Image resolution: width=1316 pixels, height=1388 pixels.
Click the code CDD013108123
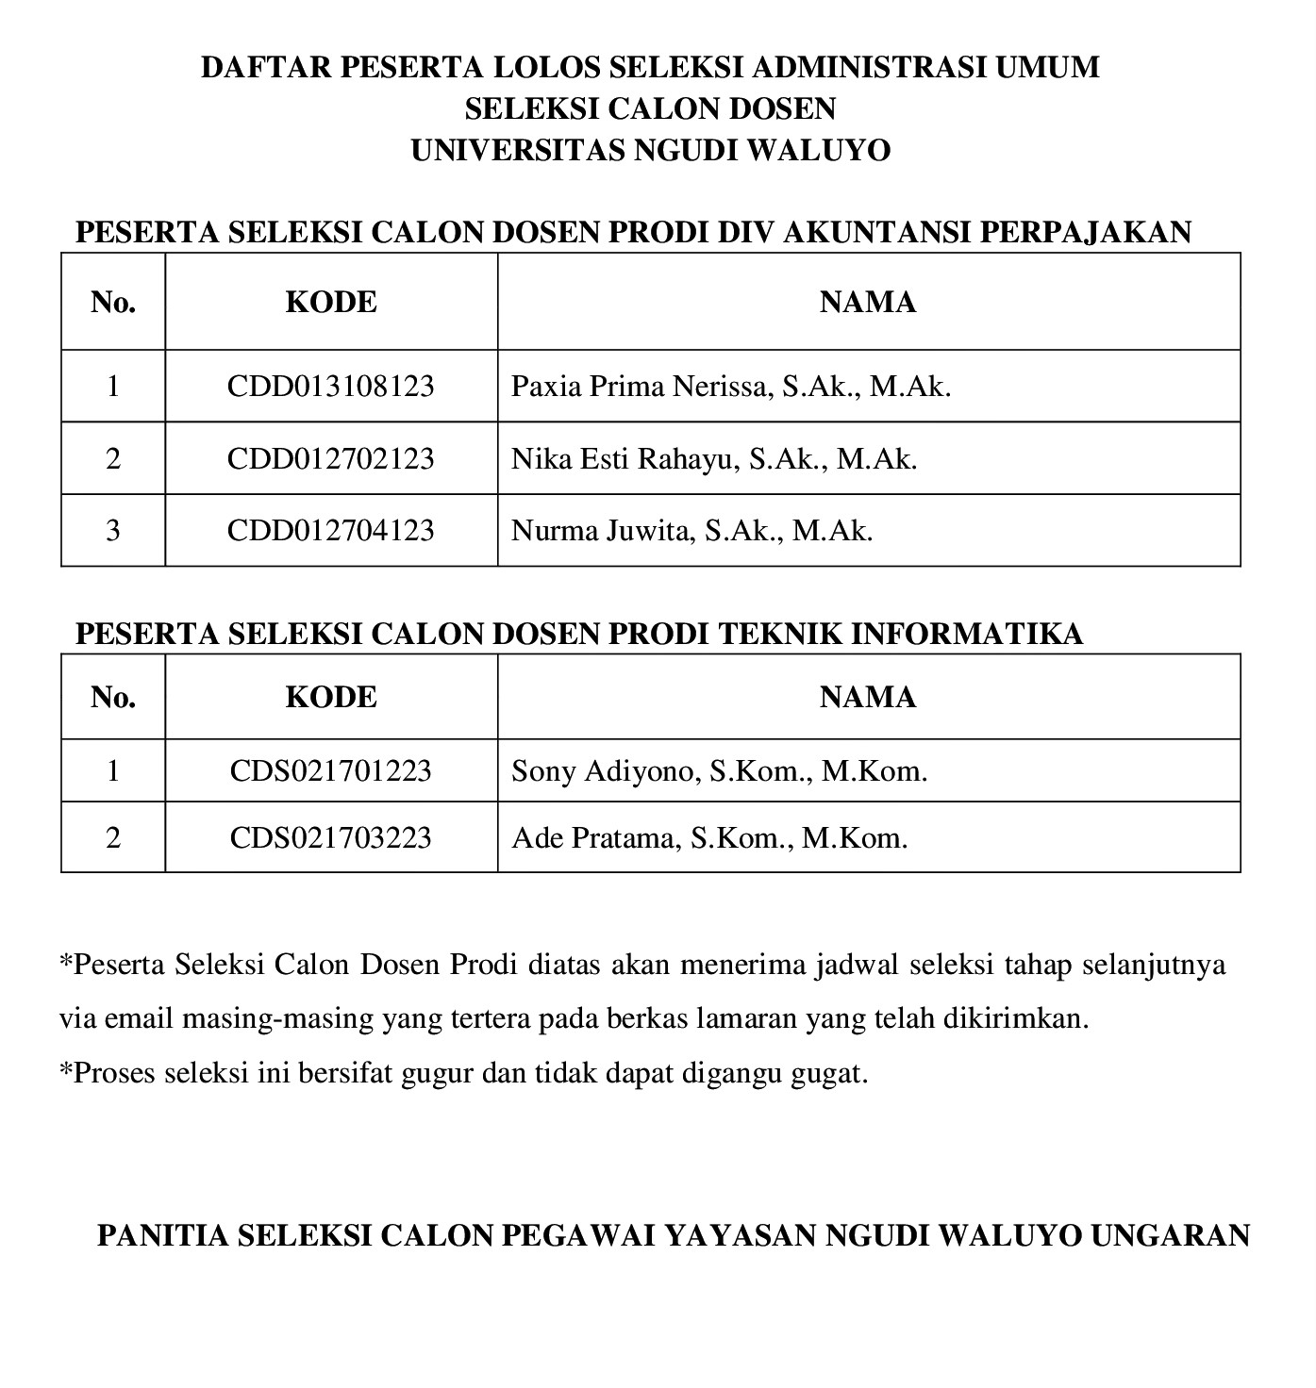[330, 387]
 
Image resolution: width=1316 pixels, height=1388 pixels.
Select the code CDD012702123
[330, 459]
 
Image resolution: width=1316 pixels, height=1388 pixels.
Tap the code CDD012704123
[330, 531]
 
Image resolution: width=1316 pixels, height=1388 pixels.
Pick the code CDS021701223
[330, 771]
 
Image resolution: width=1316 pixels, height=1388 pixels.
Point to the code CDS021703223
[330, 837]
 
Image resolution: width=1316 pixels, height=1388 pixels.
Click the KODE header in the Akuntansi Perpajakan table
[330, 302]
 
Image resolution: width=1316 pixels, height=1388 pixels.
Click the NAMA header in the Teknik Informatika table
[867, 697]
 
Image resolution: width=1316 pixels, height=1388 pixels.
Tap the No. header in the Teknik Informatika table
[113, 697]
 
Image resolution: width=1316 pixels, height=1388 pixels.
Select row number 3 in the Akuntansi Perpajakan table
[113, 531]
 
